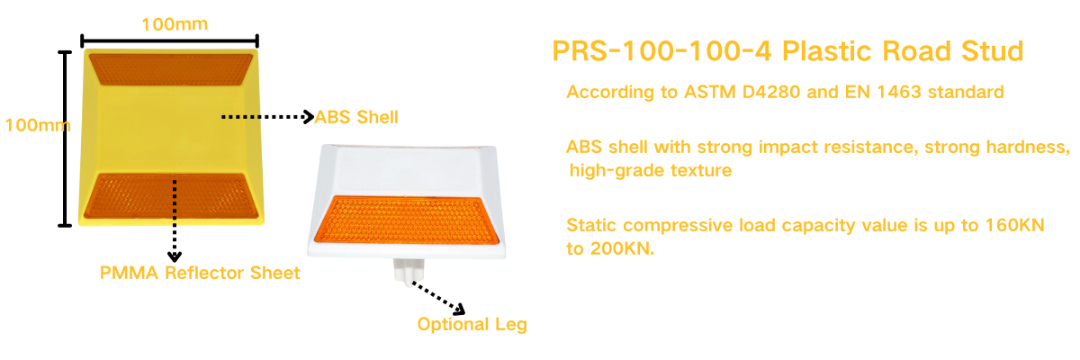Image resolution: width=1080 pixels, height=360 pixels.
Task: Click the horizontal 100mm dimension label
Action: (x=175, y=24)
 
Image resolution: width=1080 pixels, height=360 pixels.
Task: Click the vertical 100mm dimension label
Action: (x=38, y=125)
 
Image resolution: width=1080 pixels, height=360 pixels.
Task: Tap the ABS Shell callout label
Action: (x=356, y=117)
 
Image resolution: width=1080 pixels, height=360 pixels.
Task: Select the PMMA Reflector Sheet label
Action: (x=200, y=273)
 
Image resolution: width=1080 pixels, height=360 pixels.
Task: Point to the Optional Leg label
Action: (x=472, y=324)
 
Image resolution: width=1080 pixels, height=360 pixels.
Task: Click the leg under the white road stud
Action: (x=409, y=271)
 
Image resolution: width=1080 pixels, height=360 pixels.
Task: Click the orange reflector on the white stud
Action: (x=407, y=220)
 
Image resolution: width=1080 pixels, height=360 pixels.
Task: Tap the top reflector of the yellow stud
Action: (x=171, y=69)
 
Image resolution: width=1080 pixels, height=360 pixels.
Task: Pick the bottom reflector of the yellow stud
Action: (x=171, y=195)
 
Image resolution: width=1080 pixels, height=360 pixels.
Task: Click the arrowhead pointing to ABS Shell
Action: (x=309, y=117)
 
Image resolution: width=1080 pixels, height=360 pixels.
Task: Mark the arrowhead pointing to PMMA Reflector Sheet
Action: (x=175, y=256)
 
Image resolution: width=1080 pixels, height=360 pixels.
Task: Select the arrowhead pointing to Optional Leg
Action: (x=460, y=309)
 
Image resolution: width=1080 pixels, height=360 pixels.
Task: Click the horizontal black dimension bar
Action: (x=169, y=41)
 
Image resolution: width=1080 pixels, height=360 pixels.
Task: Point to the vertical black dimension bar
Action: (x=65, y=139)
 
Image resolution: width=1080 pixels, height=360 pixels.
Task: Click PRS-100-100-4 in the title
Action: (x=661, y=51)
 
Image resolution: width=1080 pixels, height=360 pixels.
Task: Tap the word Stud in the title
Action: (x=992, y=51)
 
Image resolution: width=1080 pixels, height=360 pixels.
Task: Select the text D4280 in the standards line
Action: (x=771, y=92)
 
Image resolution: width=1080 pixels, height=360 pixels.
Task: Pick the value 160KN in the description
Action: (x=1015, y=225)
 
